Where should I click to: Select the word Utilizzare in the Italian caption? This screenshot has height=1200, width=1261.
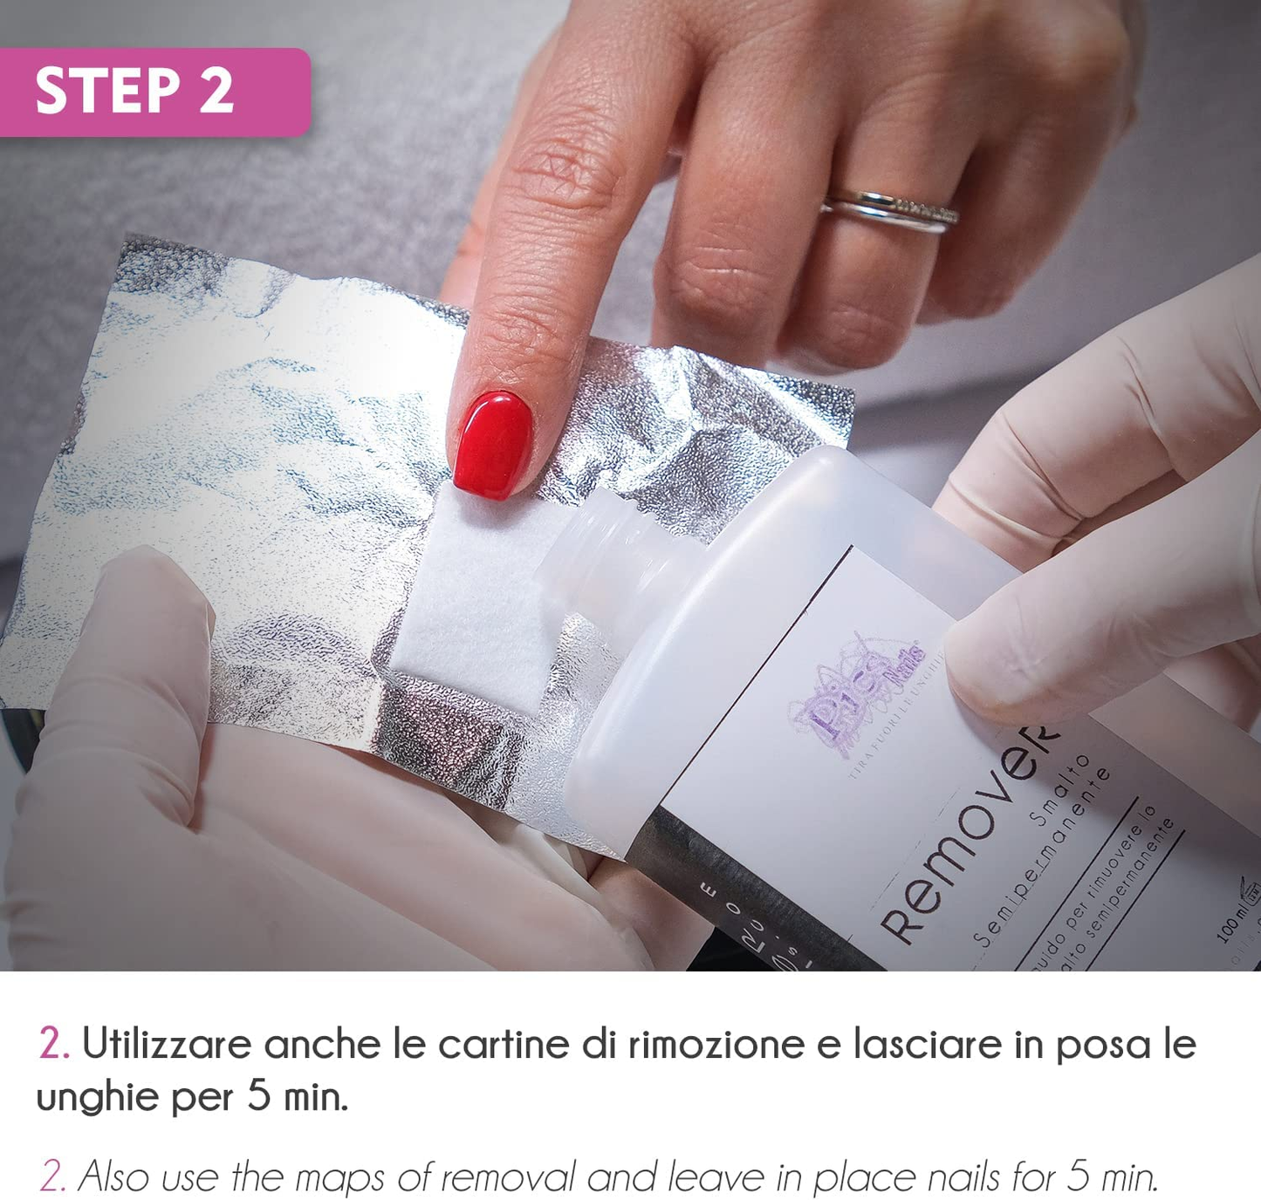(166, 1044)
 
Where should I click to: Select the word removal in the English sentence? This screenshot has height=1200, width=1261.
(507, 1177)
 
